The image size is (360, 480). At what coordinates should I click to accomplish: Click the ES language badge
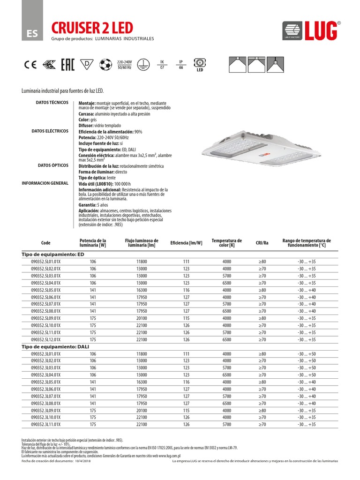point(31,33)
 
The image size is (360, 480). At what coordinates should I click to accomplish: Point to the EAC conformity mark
point(68,65)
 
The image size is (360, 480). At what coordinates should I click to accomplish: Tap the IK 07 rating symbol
point(162,65)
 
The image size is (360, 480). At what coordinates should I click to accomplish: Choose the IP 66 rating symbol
point(180,65)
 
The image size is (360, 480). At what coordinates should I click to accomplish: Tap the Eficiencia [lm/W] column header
point(186,243)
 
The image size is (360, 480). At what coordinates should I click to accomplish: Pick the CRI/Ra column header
point(262,243)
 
